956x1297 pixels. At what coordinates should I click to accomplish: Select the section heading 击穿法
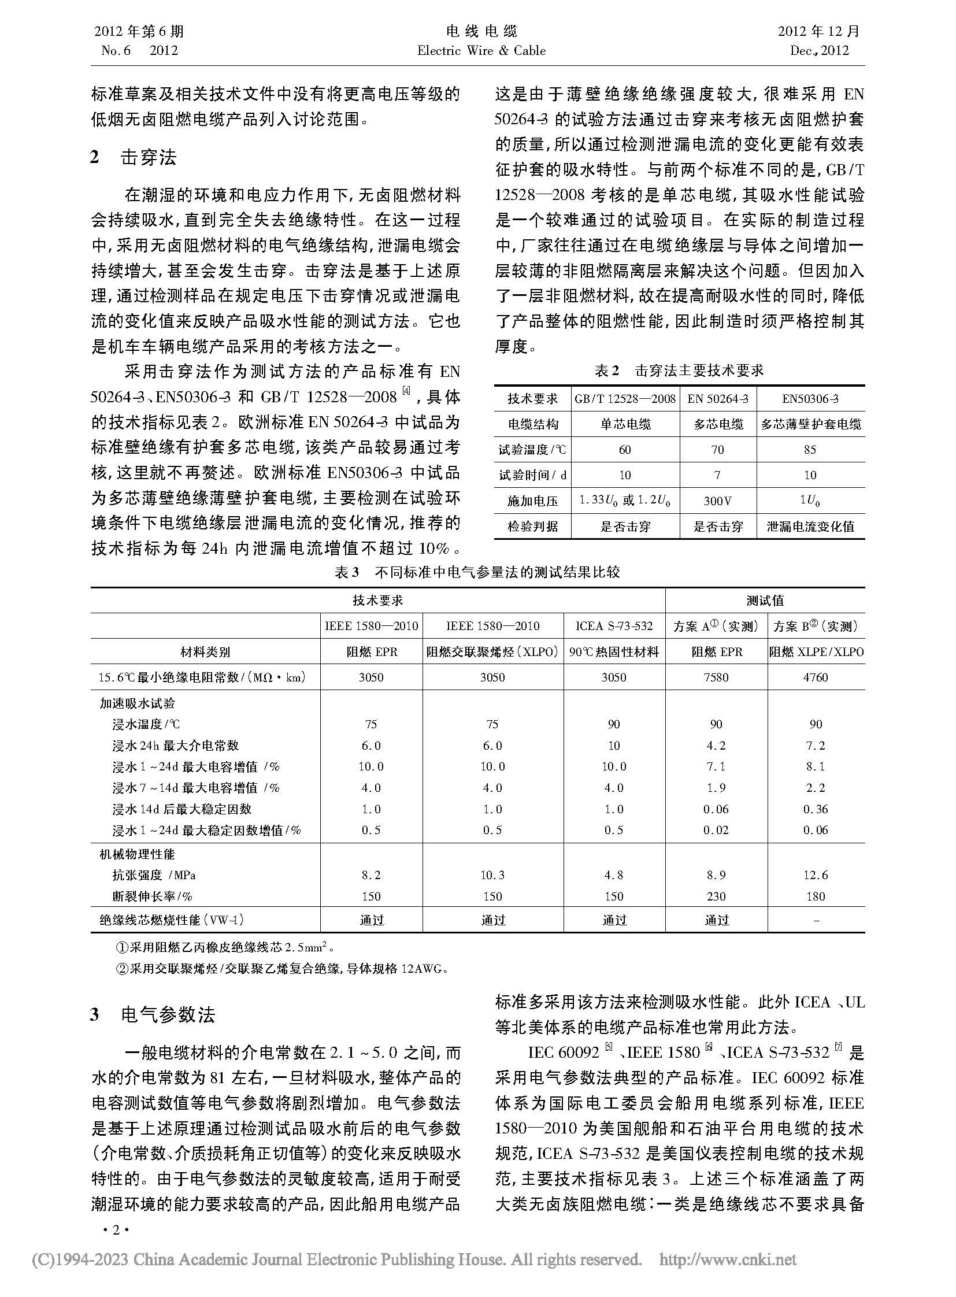(x=148, y=157)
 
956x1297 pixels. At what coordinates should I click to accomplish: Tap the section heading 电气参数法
(x=168, y=1014)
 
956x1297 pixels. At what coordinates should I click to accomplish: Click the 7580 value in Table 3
(x=716, y=677)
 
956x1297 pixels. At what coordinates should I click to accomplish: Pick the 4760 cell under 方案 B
(x=816, y=677)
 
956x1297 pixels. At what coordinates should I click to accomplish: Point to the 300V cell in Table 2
(x=718, y=501)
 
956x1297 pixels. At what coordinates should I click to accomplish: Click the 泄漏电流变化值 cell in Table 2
(x=810, y=526)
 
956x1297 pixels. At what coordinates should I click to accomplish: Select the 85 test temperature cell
(x=810, y=450)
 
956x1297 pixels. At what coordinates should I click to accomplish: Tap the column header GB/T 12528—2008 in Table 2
(x=625, y=399)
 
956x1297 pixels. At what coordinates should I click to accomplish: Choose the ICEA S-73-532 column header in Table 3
(x=614, y=626)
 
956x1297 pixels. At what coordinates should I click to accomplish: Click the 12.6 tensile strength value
(x=816, y=875)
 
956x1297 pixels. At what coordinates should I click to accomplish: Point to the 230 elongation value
(x=716, y=896)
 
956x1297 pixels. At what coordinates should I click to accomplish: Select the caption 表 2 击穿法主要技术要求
(x=679, y=371)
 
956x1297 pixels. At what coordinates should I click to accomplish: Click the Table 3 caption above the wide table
(x=477, y=572)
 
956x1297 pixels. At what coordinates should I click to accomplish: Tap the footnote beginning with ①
(x=225, y=947)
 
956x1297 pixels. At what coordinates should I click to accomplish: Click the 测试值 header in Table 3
(x=765, y=601)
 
